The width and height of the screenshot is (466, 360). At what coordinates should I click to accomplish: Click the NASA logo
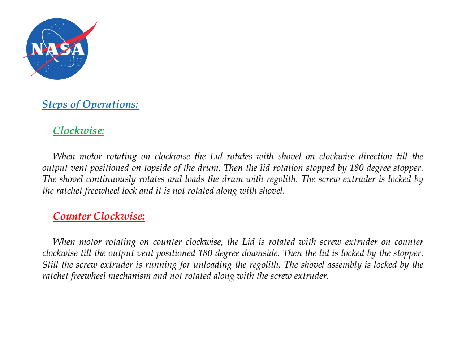point(57,49)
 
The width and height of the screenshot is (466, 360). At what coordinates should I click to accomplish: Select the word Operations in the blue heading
point(111,104)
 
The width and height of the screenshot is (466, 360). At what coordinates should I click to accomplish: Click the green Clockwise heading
point(79,131)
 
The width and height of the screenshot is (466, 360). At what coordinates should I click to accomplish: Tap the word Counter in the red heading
point(72,216)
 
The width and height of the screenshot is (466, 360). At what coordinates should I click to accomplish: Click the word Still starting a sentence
point(50,265)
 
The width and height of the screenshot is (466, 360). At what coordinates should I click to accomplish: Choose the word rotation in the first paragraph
point(288,168)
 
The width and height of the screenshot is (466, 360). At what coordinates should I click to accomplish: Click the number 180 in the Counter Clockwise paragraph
point(205,253)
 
